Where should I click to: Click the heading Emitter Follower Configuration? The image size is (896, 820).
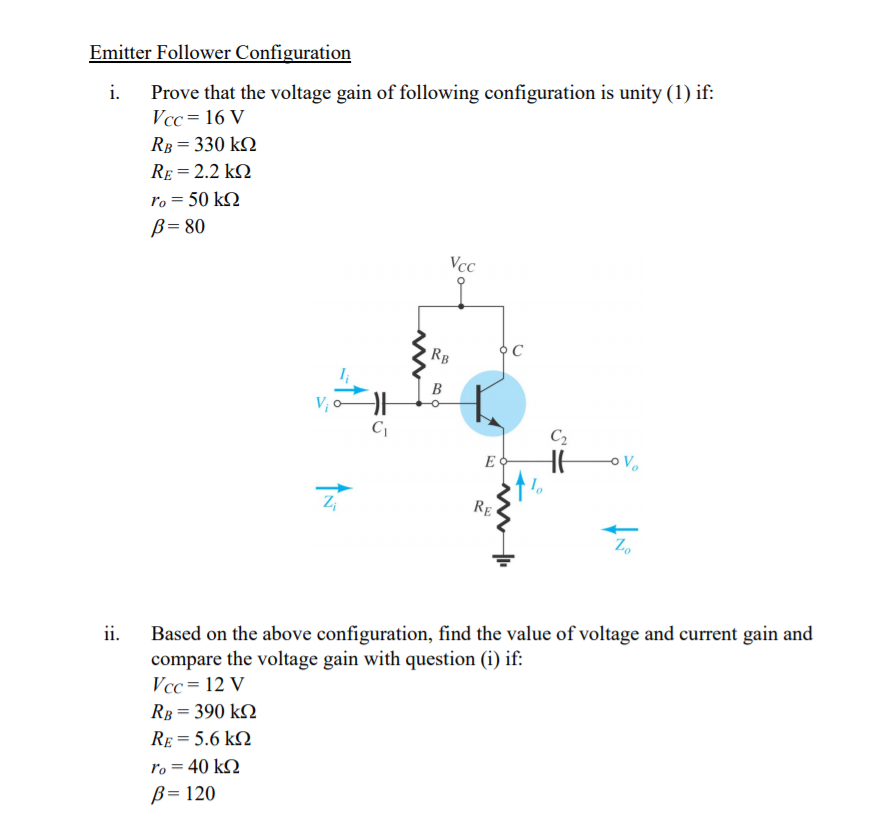[220, 53]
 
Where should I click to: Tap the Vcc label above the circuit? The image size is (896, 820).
[462, 265]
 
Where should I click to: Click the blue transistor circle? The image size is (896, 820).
[492, 403]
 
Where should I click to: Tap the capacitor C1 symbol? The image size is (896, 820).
[377, 405]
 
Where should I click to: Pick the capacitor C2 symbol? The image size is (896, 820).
[558, 462]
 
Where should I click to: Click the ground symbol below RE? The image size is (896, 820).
[504, 558]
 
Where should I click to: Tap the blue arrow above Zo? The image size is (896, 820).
[624, 530]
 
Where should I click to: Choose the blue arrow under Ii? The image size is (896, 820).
[347, 391]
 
